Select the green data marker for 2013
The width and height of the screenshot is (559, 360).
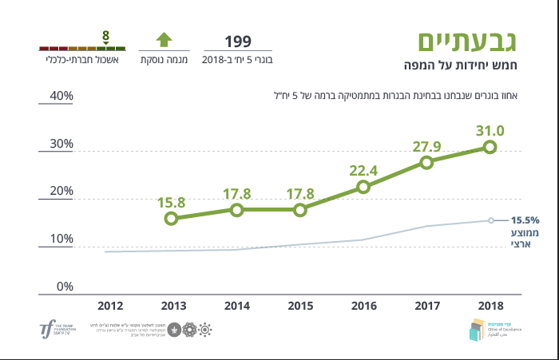(172, 218)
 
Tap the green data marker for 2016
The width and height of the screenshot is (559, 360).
(363, 187)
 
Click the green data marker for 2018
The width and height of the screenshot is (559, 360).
(490, 147)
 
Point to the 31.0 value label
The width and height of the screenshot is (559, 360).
(490, 131)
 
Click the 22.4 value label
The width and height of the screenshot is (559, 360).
(363, 170)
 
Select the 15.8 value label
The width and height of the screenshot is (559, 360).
(172, 202)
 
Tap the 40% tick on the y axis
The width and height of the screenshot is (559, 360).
(61, 97)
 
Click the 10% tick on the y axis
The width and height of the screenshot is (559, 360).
(61, 239)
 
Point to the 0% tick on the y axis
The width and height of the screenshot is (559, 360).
(65, 287)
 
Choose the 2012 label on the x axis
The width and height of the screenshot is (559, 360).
(109, 305)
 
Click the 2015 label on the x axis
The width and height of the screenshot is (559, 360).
(299, 305)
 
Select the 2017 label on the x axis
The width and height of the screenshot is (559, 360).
(426, 305)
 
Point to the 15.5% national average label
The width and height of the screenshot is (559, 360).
(526, 220)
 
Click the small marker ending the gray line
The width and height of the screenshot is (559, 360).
(490, 220)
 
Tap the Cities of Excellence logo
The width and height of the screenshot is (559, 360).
(488, 328)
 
